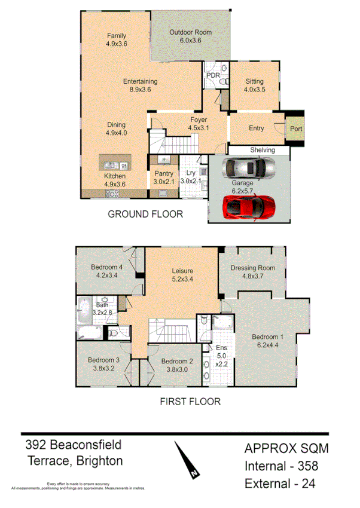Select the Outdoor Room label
pos(190,32)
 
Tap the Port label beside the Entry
pos(296,128)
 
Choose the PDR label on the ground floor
pos(212,76)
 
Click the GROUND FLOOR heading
pos(145,214)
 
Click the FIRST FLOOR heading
pos(190,402)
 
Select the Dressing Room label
pos(252,268)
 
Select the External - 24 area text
pos(280,483)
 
